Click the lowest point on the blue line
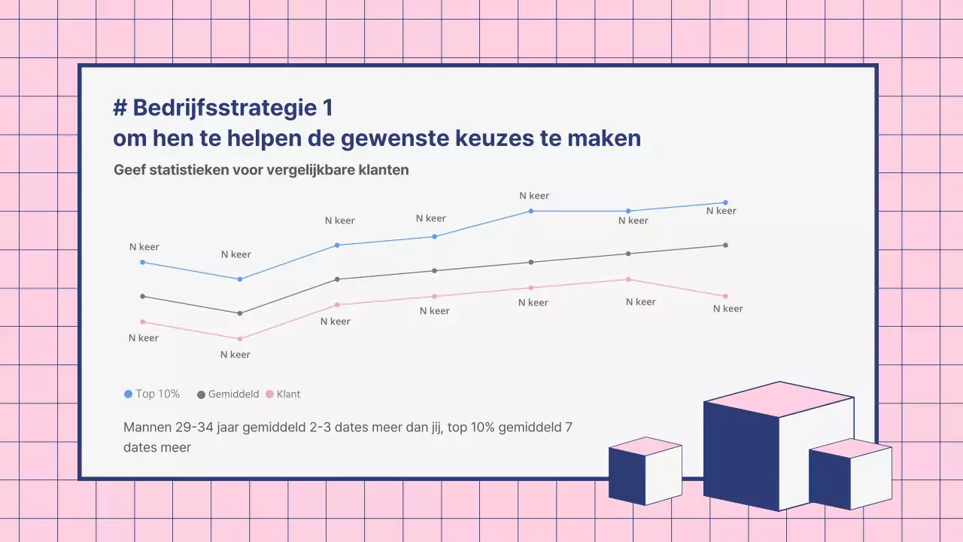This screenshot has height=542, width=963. pyautogui.click(x=240, y=279)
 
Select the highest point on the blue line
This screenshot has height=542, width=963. pyautogui.click(x=725, y=202)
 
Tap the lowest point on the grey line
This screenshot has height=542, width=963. pyautogui.click(x=240, y=313)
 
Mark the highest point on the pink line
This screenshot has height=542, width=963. pyautogui.click(x=628, y=279)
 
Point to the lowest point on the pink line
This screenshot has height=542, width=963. pyautogui.click(x=240, y=339)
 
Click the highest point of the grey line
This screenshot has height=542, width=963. pyautogui.click(x=725, y=245)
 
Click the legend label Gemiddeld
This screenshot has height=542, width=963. pyautogui.click(x=233, y=394)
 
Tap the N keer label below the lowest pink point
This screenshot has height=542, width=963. pyautogui.click(x=235, y=355)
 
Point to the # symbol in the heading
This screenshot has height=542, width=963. pyautogui.click(x=119, y=108)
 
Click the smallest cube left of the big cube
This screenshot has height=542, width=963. pyautogui.click(x=644, y=473)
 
